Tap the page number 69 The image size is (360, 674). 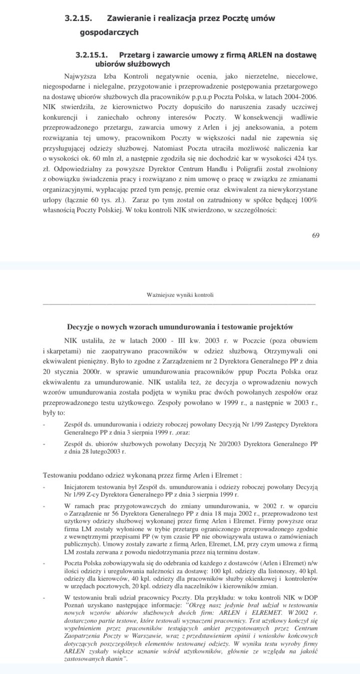coord(315,235)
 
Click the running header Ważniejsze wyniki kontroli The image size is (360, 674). coord(180,295)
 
